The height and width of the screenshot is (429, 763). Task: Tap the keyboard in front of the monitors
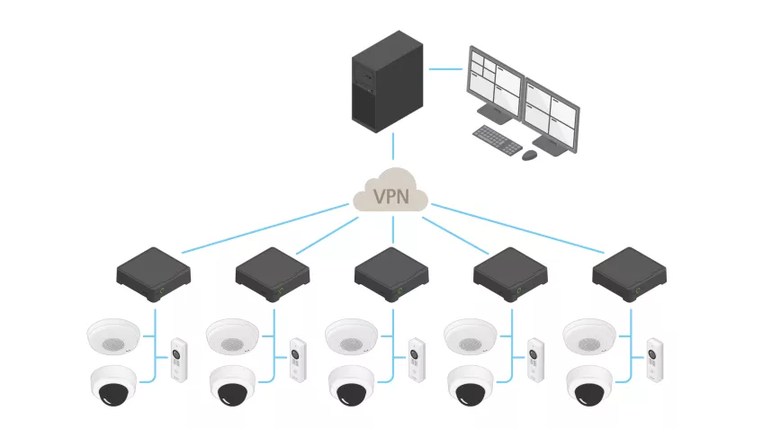(x=498, y=139)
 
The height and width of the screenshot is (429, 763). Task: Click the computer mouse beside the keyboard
(x=530, y=156)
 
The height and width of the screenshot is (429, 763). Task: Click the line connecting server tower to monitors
(x=445, y=68)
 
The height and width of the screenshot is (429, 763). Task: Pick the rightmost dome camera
(x=590, y=384)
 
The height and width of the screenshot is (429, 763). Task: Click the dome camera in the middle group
(x=353, y=384)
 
